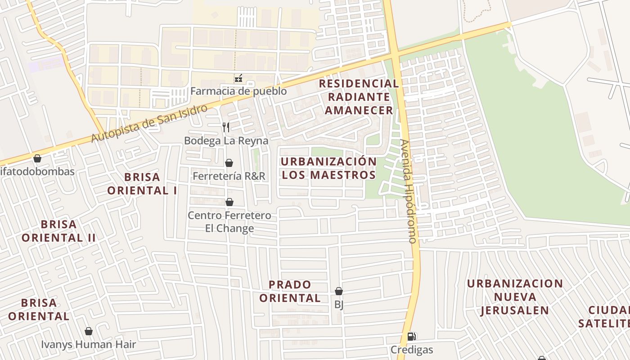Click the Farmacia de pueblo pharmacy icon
(x=238, y=79)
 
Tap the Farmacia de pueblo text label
(x=238, y=91)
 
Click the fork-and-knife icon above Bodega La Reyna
(x=226, y=127)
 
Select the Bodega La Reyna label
(x=226, y=141)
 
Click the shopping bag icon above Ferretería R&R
(x=229, y=163)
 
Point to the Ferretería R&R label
(x=229, y=176)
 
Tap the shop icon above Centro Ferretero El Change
(x=229, y=202)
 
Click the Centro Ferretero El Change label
(x=229, y=222)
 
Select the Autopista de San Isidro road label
(x=150, y=123)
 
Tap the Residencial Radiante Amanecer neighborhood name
(x=359, y=97)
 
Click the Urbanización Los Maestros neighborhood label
(x=328, y=168)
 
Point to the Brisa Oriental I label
(x=142, y=184)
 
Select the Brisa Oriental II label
(x=58, y=231)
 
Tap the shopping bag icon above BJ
(x=339, y=292)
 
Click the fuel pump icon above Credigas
(x=411, y=337)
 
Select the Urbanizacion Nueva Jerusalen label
(x=515, y=297)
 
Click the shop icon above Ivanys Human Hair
(x=89, y=332)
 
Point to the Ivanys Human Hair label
(x=89, y=345)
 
